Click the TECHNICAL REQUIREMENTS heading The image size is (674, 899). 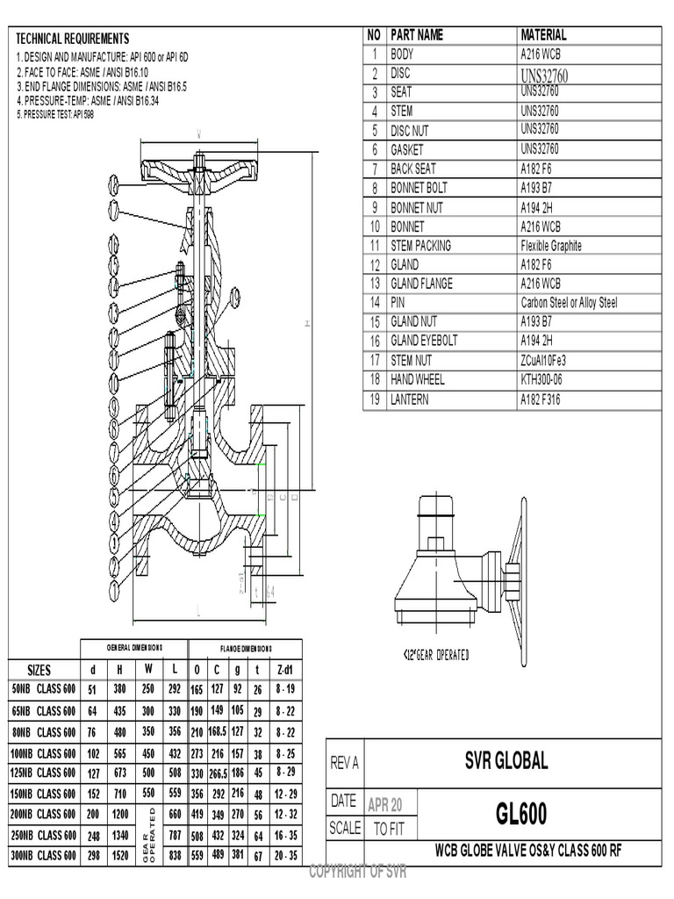click(x=73, y=39)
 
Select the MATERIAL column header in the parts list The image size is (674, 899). click(x=543, y=35)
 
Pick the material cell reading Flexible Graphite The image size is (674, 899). click(x=550, y=246)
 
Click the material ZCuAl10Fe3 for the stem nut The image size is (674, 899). click(x=543, y=360)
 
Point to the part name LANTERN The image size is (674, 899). click(x=412, y=399)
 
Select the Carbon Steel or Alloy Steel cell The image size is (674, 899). click(x=568, y=303)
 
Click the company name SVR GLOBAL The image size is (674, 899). click(x=506, y=761)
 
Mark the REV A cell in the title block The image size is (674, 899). click(x=344, y=764)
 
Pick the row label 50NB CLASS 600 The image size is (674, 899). click(x=45, y=688)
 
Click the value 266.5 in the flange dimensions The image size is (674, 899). click(x=218, y=773)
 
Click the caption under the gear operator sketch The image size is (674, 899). click(x=436, y=654)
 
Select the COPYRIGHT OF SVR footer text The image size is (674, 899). click(x=356, y=872)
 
